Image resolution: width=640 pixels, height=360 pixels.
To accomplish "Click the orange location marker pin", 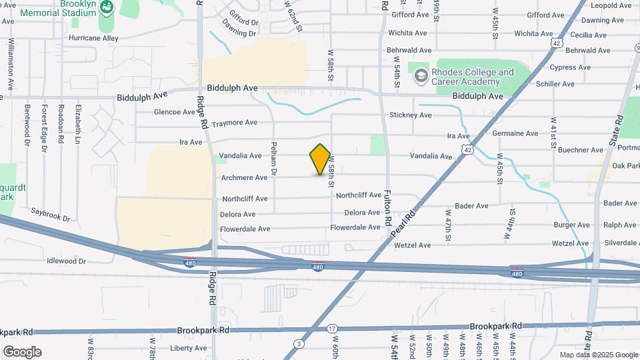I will point(321,159).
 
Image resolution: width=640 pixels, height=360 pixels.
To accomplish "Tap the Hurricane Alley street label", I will point(93,39).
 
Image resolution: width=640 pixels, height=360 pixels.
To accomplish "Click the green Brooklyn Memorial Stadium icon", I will point(107,7).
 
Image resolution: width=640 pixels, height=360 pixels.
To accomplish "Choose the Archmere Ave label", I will point(245,177).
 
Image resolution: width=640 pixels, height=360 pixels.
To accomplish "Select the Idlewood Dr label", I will point(67,261).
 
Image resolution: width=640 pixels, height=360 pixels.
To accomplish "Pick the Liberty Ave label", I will point(189,348).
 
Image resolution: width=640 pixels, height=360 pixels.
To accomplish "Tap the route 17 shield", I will point(333,329).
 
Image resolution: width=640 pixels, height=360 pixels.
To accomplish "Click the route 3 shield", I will point(300,344).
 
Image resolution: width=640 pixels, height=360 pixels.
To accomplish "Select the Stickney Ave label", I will point(411,115).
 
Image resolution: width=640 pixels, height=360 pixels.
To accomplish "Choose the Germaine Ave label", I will point(515,133).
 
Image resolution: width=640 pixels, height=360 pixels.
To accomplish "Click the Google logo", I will point(22,352).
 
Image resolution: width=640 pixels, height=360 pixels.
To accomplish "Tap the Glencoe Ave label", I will point(175,112).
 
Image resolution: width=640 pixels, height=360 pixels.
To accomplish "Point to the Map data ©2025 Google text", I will point(598,355).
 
